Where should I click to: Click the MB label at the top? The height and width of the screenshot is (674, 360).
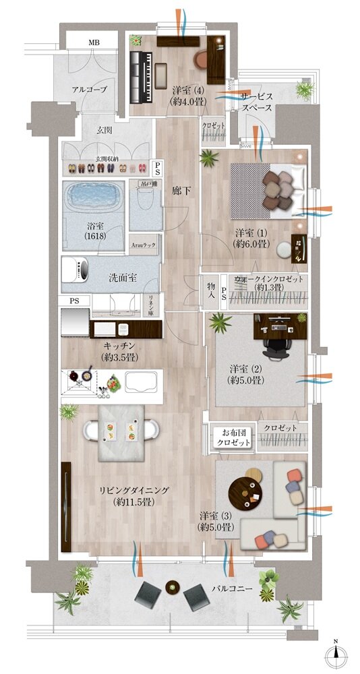click(x=93, y=42)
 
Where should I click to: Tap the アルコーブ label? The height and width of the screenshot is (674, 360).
click(x=90, y=88)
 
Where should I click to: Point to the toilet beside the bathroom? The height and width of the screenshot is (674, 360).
click(x=144, y=200)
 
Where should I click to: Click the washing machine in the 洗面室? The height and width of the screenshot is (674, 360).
click(x=78, y=272)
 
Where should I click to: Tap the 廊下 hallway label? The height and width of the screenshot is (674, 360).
click(x=180, y=191)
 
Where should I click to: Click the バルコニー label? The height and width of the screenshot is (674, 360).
click(x=233, y=588)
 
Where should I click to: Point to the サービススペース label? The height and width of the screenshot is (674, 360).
click(x=256, y=102)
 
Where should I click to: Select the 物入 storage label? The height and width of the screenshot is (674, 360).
click(x=211, y=291)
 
